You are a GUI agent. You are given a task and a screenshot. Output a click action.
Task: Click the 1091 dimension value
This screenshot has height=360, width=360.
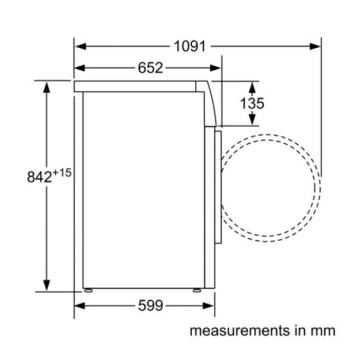point(190,46)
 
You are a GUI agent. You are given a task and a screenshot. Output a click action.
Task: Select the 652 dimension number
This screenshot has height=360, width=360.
point(150,68)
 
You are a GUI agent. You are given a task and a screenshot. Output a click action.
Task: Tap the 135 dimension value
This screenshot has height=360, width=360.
point(251,103)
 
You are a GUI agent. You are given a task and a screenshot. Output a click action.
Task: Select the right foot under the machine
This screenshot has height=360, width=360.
point(197,290)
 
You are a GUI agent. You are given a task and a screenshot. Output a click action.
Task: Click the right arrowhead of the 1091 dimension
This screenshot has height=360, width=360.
point(316,46)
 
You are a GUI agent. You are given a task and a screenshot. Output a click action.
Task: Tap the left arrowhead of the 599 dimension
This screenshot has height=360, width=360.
point(79,305)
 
